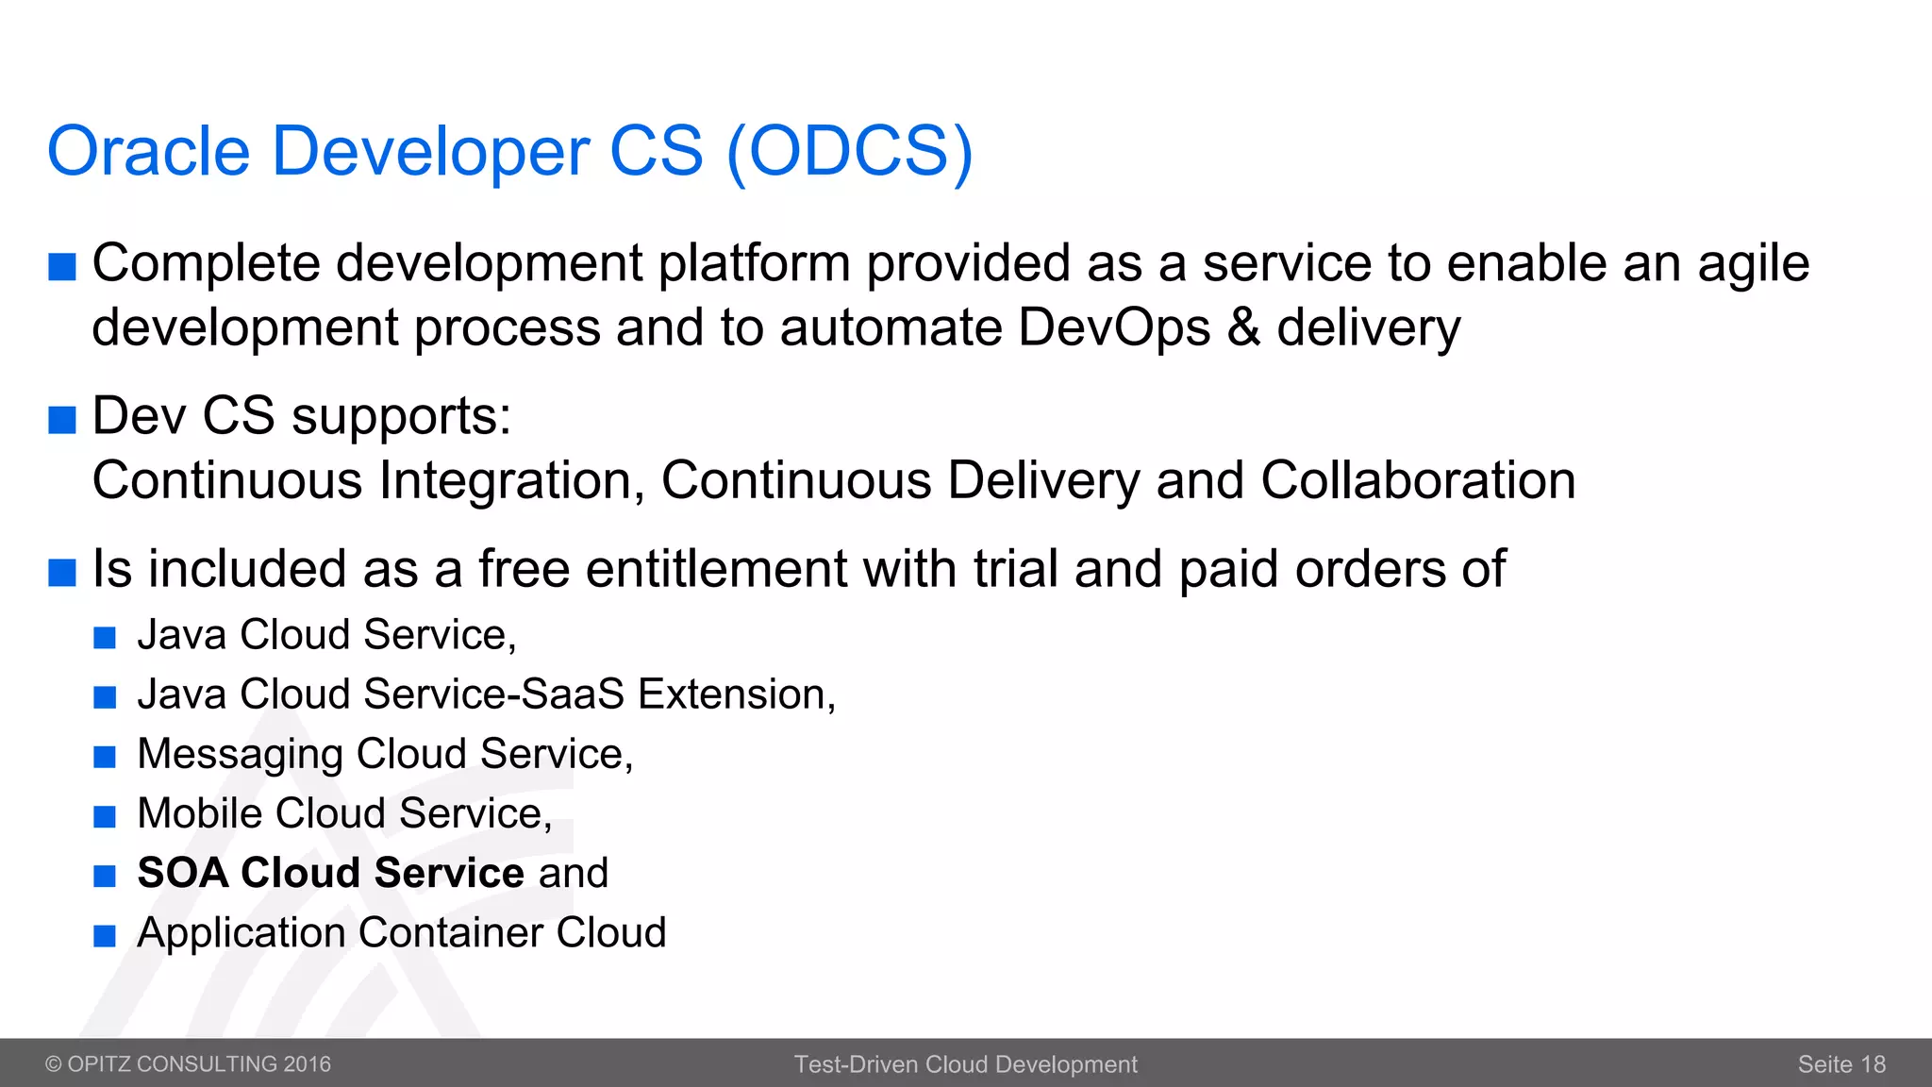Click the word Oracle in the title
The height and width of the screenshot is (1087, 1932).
click(148, 151)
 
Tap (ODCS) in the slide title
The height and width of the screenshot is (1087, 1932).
click(849, 151)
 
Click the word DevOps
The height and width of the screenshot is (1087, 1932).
click(1114, 327)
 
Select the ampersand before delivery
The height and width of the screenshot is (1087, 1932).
click(1244, 327)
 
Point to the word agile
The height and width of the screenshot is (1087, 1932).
click(1753, 264)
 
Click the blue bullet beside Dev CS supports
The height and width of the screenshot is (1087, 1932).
click(62, 419)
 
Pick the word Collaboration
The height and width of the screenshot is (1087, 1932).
click(1418, 480)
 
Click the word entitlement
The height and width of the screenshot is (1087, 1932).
click(716, 569)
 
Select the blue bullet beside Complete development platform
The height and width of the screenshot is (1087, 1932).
click(62, 267)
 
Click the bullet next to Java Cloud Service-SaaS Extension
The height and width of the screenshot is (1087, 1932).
click(105, 697)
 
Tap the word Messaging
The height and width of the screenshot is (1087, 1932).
click(240, 755)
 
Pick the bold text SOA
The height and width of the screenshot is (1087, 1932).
click(183, 873)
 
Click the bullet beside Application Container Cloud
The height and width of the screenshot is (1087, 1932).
click(105, 936)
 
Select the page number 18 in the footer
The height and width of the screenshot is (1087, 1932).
click(1873, 1064)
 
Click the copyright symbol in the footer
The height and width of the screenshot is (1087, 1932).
click(54, 1064)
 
